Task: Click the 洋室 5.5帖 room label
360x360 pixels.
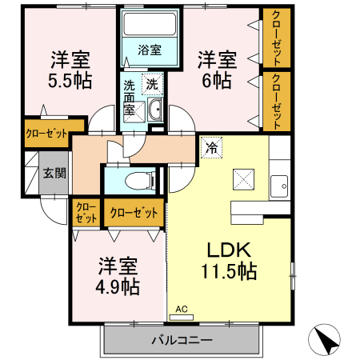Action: [69, 69]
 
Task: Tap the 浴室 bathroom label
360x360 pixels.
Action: [150, 50]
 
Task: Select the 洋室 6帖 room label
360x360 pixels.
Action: [217, 69]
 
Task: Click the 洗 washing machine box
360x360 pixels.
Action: [151, 82]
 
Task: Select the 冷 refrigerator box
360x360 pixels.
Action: [212, 147]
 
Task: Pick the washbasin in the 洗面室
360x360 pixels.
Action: [154, 110]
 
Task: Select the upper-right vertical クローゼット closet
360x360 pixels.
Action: [276, 38]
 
